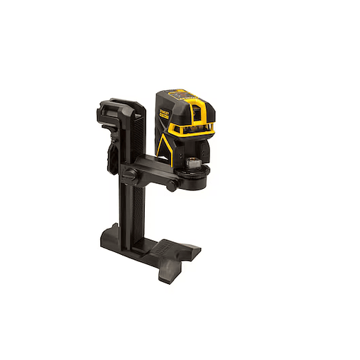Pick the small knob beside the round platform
tap(172, 186)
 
